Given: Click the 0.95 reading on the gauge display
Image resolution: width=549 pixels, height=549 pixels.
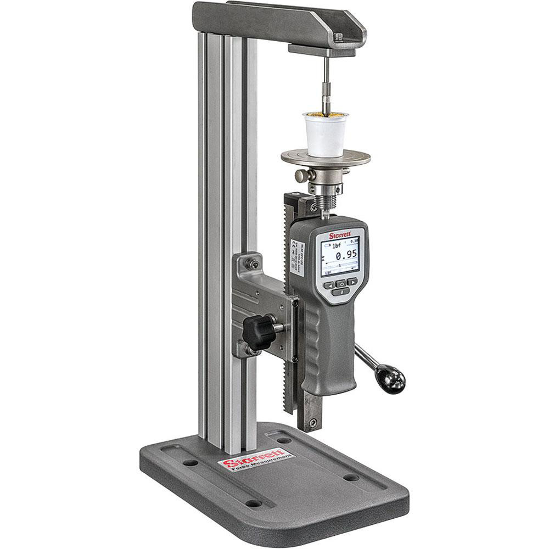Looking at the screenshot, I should coord(345,254).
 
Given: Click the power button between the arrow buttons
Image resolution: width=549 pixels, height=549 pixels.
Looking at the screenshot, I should coord(340,284).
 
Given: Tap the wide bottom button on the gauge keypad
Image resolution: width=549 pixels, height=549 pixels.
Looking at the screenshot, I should coord(340,293).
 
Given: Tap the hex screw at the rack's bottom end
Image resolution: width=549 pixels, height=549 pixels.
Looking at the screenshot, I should coord(312,423).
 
